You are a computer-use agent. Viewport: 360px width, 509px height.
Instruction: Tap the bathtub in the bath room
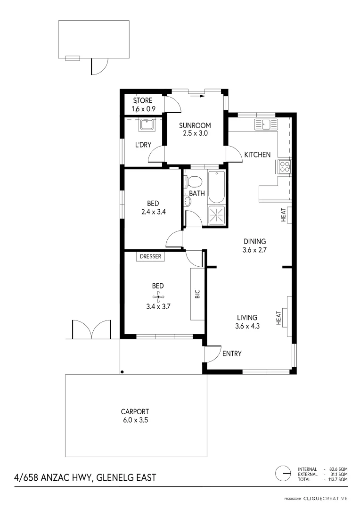click(x=217, y=187)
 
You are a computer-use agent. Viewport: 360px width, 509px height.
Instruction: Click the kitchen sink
click(x=266, y=125)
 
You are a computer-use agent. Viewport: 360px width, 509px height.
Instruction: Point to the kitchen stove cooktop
click(x=285, y=166)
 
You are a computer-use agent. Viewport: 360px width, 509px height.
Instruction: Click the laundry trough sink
click(x=146, y=126)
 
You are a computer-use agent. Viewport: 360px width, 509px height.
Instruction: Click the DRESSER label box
click(x=151, y=257)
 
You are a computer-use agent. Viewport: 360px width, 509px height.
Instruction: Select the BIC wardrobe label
click(x=197, y=294)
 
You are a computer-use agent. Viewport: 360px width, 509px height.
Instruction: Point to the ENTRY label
click(x=232, y=353)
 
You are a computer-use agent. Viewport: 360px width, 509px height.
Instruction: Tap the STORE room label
click(x=142, y=101)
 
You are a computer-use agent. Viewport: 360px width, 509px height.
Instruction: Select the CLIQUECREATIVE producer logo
click(x=326, y=498)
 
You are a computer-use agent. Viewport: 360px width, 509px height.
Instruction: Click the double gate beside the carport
click(x=91, y=329)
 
